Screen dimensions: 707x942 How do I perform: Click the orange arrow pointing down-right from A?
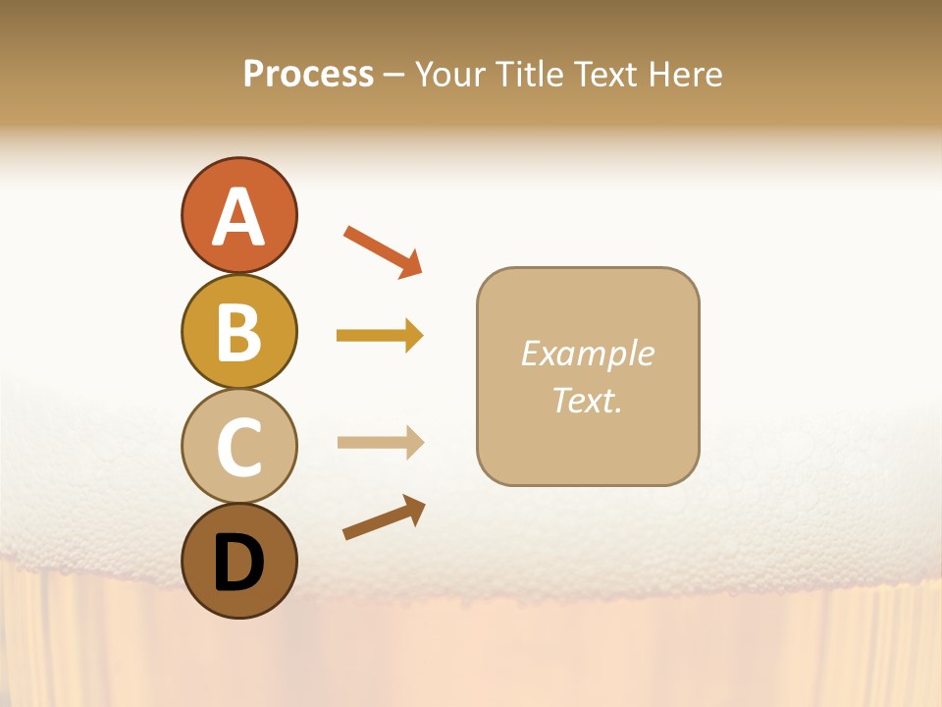click(x=383, y=251)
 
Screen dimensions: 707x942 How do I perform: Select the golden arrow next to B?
click(x=380, y=336)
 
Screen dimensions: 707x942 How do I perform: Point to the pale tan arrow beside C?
click(x=380, y=443)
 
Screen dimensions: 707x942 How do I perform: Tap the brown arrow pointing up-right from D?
click(x=384, y=517)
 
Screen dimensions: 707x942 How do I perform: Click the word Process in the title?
click(x=308, y=74)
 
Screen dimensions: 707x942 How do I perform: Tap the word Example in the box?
click(x=587, y=353)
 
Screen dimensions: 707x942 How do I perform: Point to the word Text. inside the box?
click(x=587, y=400)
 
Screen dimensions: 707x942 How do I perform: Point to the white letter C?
click(x=238, y=448)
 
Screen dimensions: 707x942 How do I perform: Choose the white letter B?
click(x=238, y=333)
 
